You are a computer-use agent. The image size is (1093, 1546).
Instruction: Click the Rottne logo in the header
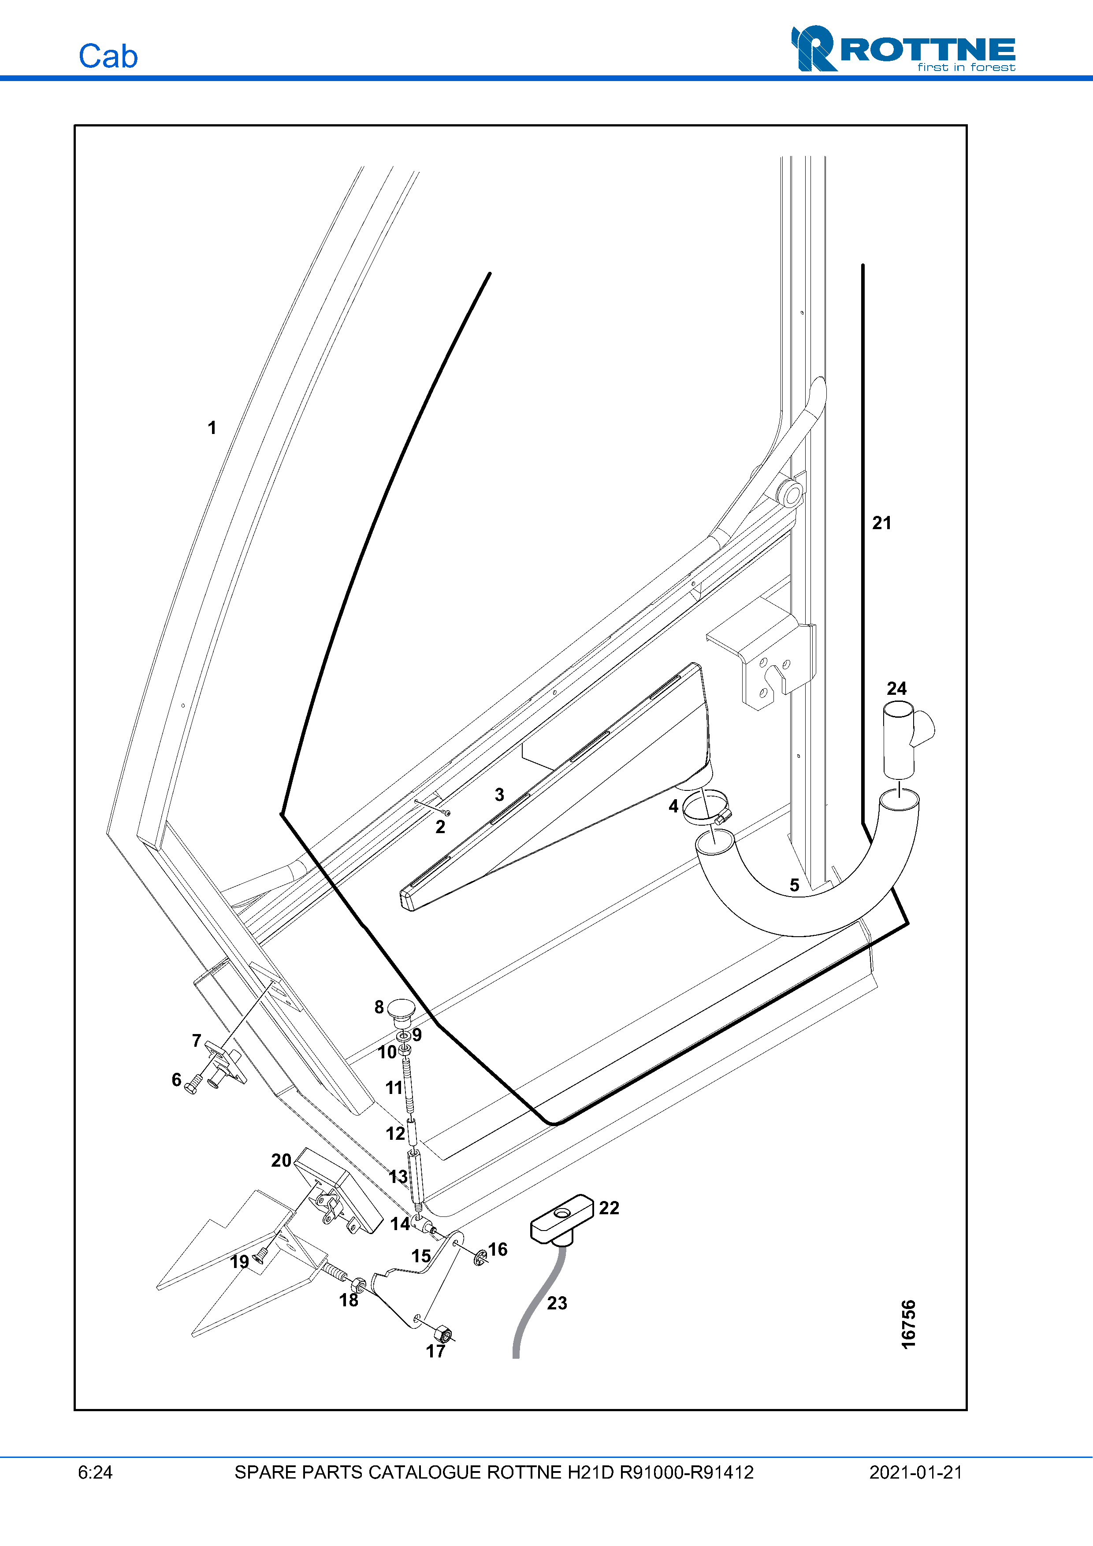[903, 48]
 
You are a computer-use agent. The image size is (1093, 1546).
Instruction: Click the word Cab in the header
[108, 56]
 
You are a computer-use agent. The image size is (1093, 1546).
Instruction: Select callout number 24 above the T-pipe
[896, 688]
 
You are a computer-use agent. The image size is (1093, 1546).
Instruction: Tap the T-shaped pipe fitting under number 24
[903, 737]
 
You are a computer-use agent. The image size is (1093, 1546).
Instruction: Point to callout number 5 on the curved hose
[794, 885]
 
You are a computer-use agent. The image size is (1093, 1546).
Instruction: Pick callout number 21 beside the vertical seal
[881, 523]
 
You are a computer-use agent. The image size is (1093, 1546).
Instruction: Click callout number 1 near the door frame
[212, 427]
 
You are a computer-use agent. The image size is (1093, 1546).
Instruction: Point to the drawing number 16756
[908, 1324]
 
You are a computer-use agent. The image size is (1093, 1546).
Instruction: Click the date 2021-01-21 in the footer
[915, 1472]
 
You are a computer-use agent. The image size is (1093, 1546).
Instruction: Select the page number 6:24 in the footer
[95, 1472]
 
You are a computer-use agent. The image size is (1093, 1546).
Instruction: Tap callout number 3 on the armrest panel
[499, 794]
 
